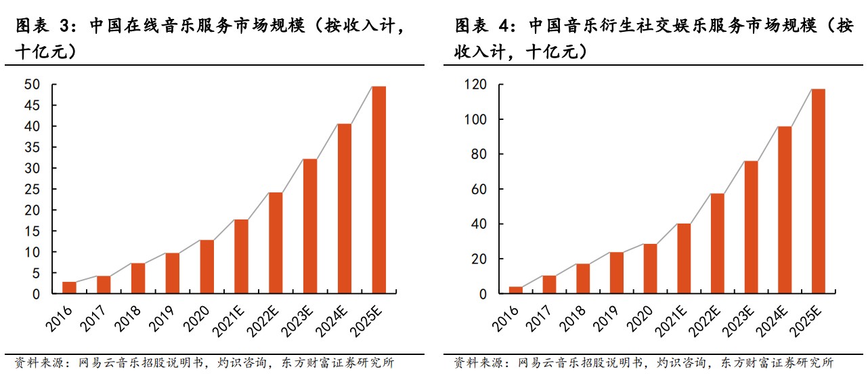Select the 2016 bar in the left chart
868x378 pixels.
(x=69, y=287)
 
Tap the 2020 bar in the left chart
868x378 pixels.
(x=207, y=267)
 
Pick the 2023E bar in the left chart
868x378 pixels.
(x=310, y=226)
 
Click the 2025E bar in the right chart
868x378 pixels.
(x=818, y=191)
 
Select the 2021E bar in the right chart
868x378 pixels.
(x=683, y=259)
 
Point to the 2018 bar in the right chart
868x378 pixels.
(x=582, y=278)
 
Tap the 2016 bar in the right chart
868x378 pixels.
(x=515, y=290)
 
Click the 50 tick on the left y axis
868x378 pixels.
(x=32, y=85)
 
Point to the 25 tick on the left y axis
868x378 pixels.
(x=32, y=189)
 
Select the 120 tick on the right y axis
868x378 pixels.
(x=477, y=85)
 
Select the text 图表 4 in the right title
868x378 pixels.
(x=481, y=26)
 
